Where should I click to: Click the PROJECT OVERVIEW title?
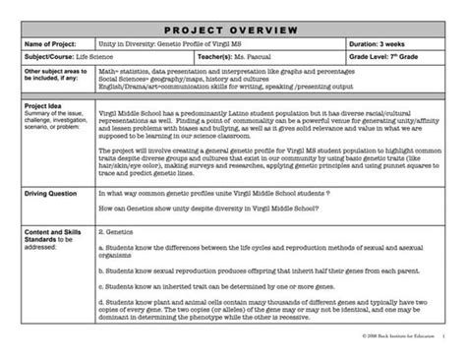[233, 30]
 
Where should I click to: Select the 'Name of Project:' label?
[49, 45]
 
